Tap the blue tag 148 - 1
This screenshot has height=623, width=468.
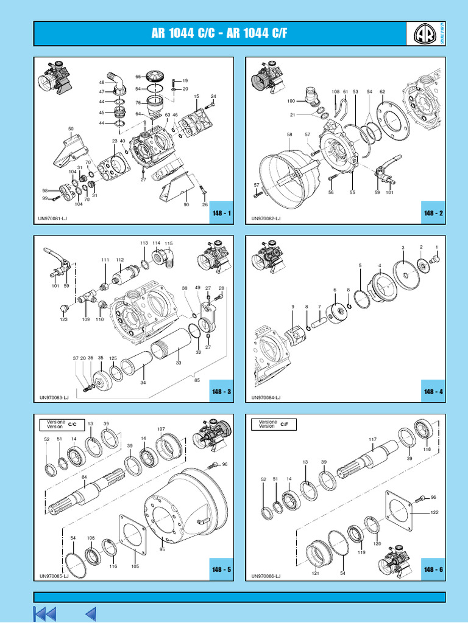click(221, 214)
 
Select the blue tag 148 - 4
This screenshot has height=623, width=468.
click(433, 391)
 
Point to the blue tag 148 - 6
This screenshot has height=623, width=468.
click(433, 569)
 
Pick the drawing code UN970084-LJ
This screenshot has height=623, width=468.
click(266, 397)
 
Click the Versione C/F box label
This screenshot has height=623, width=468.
click(274, 424)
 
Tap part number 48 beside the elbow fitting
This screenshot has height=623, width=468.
click(102, 82)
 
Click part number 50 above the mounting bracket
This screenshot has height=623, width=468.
click(71, 129)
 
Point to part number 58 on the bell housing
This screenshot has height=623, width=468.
click(289, 134)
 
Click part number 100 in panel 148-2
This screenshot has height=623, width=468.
click(291, 101)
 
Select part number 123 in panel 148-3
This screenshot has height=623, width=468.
click(64, 319)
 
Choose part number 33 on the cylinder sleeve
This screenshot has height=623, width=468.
click(179, 363)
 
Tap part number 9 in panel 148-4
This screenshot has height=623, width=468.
click(292, 307)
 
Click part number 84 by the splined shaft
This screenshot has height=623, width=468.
click(84, 476)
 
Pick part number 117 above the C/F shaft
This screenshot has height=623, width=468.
click(372, 439)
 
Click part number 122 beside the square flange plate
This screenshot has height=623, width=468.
click(434, 513)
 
